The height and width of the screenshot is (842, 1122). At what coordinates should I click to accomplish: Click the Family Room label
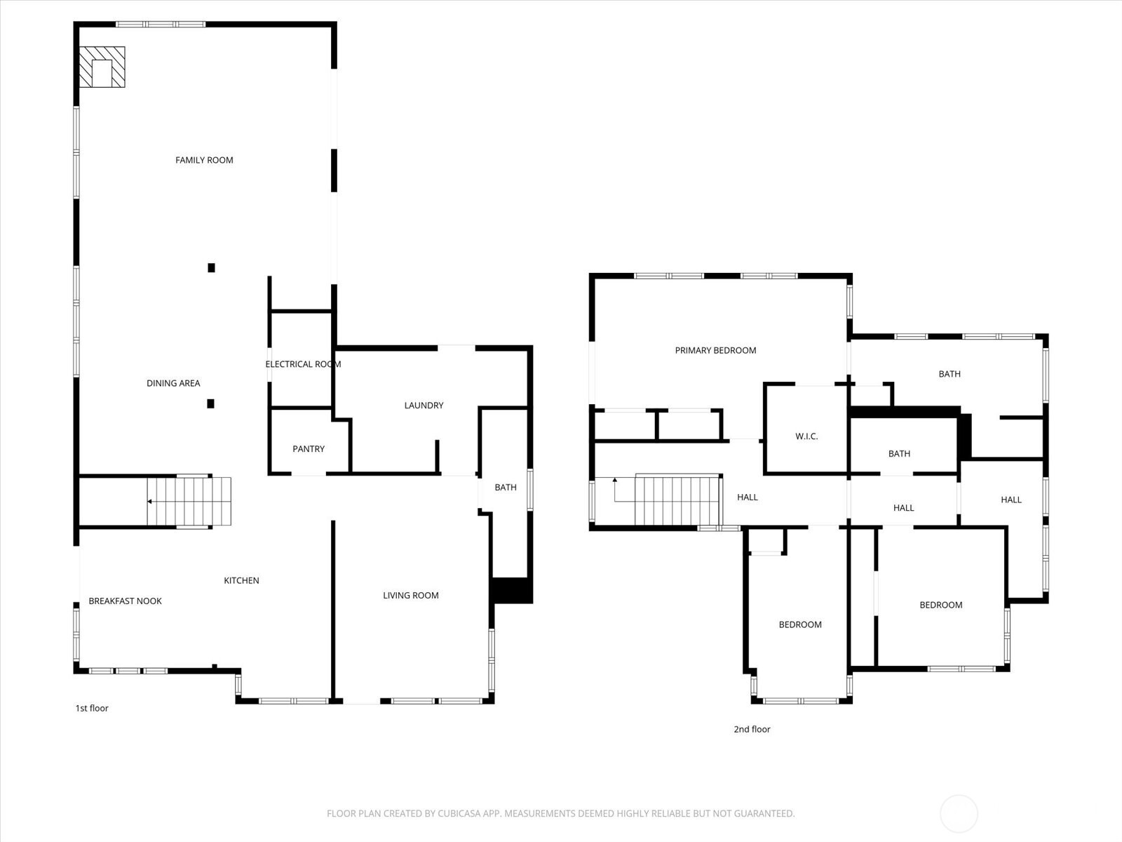click(x=204, y=160)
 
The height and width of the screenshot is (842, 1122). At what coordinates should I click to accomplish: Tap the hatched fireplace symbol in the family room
click(x=102, y=67)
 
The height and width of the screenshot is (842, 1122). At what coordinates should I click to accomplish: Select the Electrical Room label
click(x=303, y=364)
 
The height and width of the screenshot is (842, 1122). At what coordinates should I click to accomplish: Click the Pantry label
click(x=309, y=449)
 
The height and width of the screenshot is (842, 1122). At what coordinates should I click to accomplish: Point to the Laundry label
click(x=424, y=406)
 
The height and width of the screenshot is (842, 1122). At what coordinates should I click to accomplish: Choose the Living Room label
click(x=410, y=596)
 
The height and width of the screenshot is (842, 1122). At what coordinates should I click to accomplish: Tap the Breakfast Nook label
click(x=125, y=601)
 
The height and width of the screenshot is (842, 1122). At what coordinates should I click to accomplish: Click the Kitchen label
click(x=241, y=581)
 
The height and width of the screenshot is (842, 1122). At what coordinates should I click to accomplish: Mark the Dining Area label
click(x=173, y=383)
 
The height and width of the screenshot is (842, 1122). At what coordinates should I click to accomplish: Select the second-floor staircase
click(x=677, y=500)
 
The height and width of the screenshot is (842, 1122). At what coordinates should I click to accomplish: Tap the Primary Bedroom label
click(x=715, y=351)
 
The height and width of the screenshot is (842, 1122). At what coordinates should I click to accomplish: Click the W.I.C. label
click(x=806, y=436)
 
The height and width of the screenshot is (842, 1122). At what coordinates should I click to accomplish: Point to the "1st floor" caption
click(x=92, y=709)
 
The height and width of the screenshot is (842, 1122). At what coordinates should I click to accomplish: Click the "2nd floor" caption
click(x=752, y=730)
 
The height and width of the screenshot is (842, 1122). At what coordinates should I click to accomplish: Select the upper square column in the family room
click(x=211, y=267)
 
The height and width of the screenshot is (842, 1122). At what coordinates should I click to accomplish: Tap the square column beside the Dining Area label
click(x=210, y=403)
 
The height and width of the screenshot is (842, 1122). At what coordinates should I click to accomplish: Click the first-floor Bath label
click(x=505, y=488)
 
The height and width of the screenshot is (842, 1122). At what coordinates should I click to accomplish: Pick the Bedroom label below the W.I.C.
click(x=799, y=625)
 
